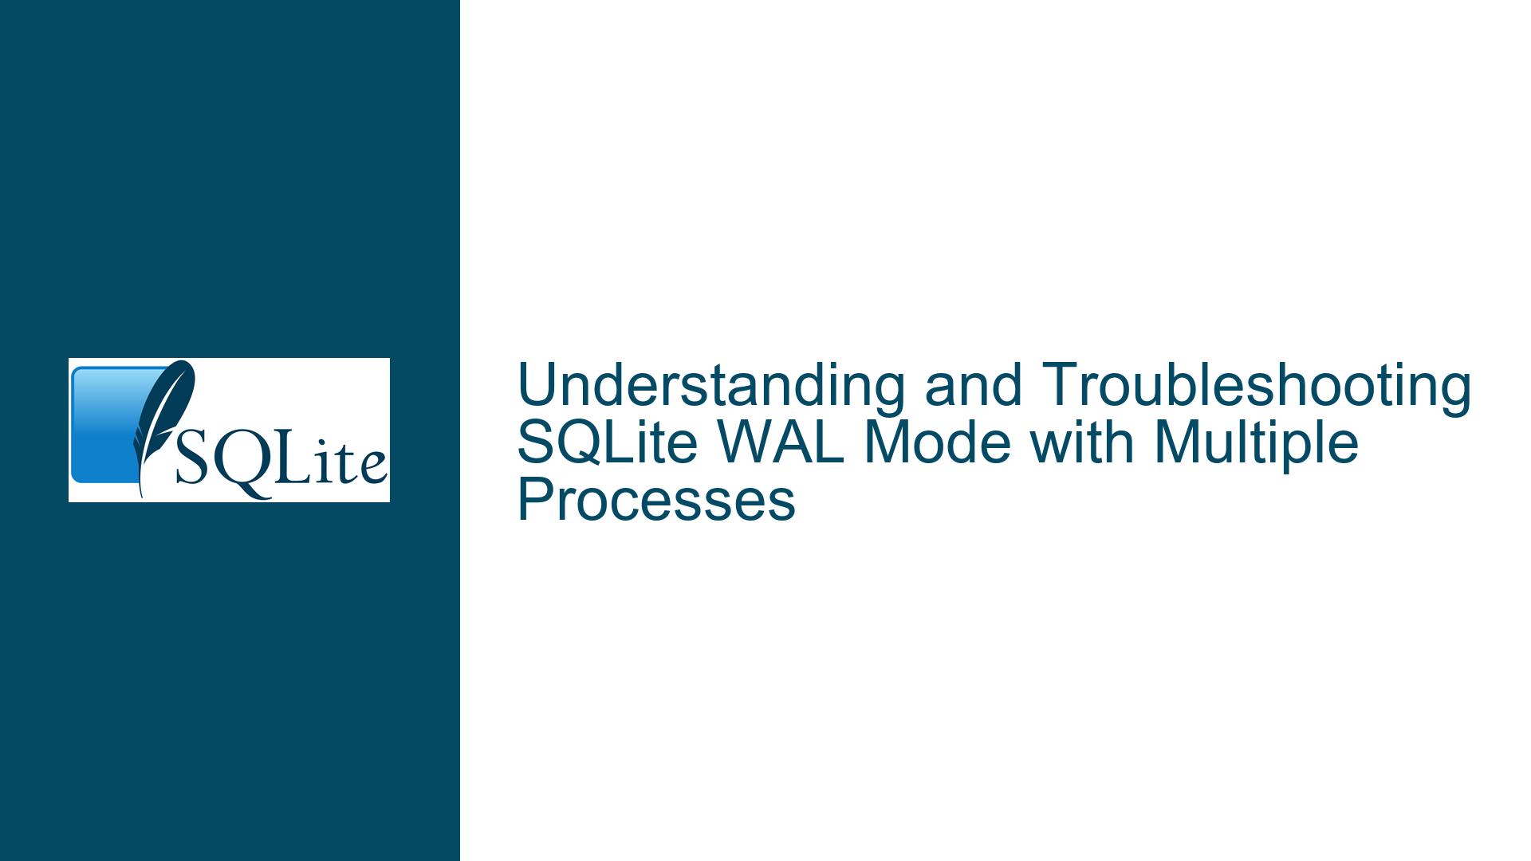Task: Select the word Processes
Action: point(656,501)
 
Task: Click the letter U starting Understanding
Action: point(537,387)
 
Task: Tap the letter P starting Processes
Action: point(536,501)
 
